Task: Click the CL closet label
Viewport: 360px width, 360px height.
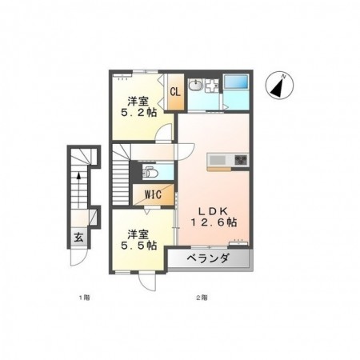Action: pos(175,92)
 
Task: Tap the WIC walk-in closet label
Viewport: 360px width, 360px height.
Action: pos(153,194)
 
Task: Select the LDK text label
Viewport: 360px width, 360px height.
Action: pos(213,211)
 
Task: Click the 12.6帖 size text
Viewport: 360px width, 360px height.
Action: pos(214,222)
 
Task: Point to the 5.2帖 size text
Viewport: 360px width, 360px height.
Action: pos(138,113)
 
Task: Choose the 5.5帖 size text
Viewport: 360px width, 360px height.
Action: pos(138,246)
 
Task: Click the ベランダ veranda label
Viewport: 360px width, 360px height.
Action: pos(208,258)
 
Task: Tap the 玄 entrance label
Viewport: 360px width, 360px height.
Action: pos(78,237)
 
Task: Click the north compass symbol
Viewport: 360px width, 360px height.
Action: pos(279,86)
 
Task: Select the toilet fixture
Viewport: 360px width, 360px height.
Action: pos(150,172)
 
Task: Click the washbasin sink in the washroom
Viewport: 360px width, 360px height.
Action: pos(196,85)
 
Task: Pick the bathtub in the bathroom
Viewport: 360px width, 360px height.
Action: pos(236,81)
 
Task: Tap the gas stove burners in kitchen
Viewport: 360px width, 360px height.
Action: pos(241,160)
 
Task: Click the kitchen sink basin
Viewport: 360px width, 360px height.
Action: pos(218,160)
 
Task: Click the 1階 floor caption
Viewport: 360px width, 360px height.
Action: pos(84,298)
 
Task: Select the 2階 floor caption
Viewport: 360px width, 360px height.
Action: pos(202,298)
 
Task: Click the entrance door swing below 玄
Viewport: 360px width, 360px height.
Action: pos(78,257)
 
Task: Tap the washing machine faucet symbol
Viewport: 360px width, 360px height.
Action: pos(212,86)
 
